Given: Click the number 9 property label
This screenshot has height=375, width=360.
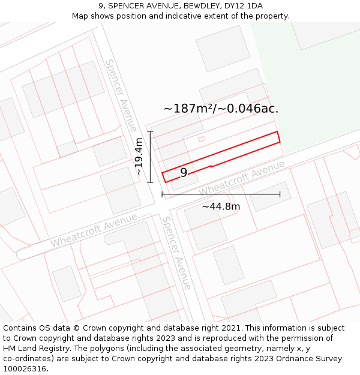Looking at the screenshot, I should pos(184,172).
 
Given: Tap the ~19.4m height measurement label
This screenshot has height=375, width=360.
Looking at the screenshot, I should pos(139,157).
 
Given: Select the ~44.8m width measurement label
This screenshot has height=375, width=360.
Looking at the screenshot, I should pos(221,206).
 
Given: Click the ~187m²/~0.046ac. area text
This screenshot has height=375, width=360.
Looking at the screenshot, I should pos(221,109).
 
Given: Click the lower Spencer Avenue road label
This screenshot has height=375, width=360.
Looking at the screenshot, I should pos(176,253).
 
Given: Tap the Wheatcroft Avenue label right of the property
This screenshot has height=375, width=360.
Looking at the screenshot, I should pos(242,178).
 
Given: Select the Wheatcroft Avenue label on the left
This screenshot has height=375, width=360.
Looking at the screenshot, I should pos(94,230).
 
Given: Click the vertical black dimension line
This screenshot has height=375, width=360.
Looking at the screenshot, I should pos(151,157).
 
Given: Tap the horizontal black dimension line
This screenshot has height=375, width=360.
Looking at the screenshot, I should pos(221,194).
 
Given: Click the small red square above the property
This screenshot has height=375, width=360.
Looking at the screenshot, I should pos(202,139).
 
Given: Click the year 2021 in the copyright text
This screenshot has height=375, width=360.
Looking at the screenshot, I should pos(230,328).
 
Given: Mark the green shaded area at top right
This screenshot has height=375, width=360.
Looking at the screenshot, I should pos(312,90).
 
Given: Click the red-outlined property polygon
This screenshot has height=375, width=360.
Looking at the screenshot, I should pos(240,151).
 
